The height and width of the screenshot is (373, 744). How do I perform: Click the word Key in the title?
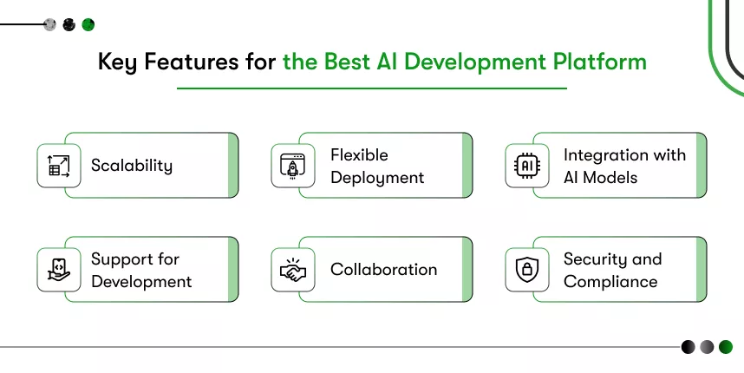tap(114, 62)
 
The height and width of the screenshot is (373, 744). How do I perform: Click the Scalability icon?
tap(59, 166)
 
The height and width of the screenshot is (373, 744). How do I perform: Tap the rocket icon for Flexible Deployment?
tap(293, 166)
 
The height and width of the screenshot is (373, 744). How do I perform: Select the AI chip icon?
tap(526, 166)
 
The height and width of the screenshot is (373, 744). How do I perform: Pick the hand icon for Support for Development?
tap(59, 270)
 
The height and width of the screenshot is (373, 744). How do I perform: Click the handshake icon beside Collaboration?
tap(293, 270)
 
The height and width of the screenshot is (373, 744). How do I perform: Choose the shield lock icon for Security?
tap(526, 270)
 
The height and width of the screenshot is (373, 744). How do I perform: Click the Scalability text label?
tap(132, 166)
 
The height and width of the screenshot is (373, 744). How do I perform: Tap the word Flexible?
tap(359, 155)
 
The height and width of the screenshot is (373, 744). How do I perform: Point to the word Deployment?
tap(377, 178)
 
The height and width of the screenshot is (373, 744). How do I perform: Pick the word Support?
tap(122, 259)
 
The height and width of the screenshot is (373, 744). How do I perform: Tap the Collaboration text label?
tap(383, 270)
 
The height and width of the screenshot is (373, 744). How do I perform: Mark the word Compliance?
tap(610, 282)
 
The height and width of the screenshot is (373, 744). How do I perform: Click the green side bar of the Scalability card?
tap(233, 166)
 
